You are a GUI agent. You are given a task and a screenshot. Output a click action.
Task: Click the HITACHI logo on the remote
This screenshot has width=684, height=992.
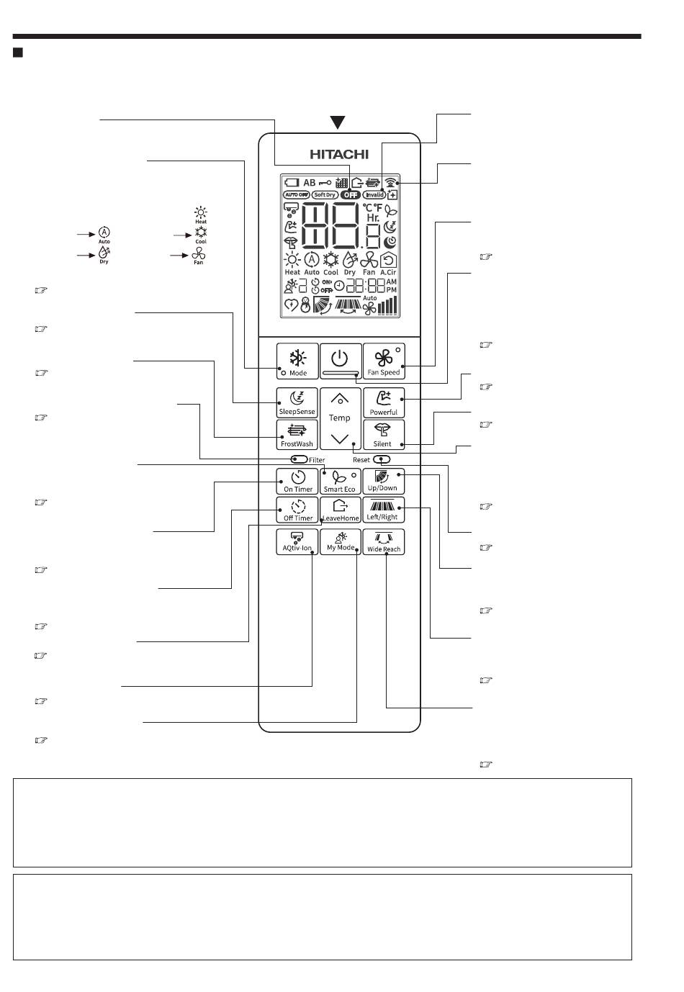(x=339, y=154)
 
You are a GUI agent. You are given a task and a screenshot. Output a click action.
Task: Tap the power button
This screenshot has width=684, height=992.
(x=340, y=361)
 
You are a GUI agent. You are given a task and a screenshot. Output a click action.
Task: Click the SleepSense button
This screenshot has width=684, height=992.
(x=297, y=402)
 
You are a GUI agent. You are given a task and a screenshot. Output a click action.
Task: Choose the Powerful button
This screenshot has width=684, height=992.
(x=384, y=402)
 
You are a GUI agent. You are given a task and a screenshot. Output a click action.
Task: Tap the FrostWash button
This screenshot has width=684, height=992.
(x=297, y=434)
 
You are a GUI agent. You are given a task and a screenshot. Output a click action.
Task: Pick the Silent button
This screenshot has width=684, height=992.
(x=383, y=434)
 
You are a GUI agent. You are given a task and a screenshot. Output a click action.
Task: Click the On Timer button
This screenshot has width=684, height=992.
(x=297, y=481)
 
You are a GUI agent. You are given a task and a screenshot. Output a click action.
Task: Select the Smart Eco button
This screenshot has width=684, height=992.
(x=340, y=481)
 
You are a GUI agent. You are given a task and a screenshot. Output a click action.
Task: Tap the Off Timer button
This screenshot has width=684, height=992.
(x=297, y=510)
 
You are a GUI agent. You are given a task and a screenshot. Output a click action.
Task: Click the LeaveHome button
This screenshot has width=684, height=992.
(x=340, y=510)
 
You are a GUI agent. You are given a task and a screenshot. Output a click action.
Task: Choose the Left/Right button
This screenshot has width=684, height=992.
(x=383, y=510)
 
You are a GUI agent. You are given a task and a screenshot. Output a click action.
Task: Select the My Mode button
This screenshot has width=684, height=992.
(x=341, y=541)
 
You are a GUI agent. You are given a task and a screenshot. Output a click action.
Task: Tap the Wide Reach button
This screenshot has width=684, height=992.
(x=384, y=541)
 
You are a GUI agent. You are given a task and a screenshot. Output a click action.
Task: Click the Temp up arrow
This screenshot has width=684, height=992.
(x=340, y=398)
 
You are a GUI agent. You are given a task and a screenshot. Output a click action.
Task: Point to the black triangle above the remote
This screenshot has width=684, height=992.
(x=338, y=123)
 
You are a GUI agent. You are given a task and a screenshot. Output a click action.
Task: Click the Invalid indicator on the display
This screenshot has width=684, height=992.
(x=374, y=195)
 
